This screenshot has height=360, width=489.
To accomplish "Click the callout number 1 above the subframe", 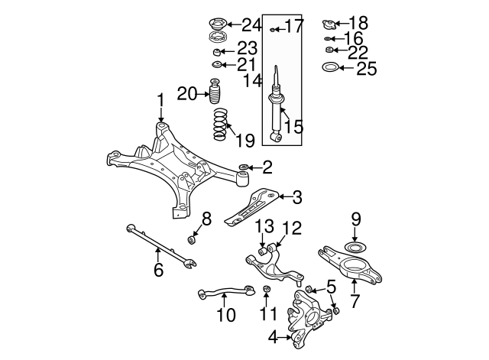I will point(161,99).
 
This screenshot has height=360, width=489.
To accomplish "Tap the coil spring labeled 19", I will point(220,125).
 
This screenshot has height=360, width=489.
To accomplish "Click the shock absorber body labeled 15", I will point(276,115).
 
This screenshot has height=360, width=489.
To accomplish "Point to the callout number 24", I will point(230,24).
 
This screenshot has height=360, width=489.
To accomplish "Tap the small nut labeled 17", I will point(273,28).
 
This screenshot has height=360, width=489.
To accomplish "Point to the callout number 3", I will point(296,198).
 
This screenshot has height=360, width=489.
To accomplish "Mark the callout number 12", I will point(293,228).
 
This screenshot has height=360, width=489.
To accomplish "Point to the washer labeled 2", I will point(243,166).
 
